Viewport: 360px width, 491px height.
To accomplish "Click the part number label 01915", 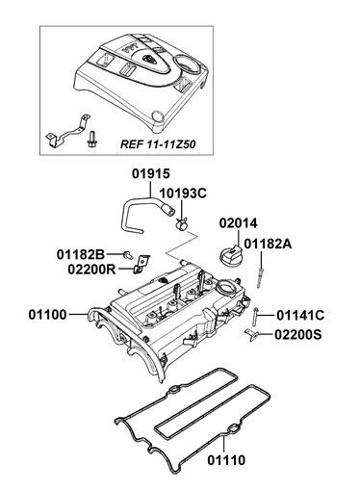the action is [150, 173].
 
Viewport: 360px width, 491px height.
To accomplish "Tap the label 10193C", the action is [183, 194].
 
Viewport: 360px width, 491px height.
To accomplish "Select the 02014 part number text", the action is [238, 223].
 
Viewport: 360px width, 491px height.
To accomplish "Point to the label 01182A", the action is [268, 244].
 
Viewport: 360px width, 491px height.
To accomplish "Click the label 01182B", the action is [81, 254].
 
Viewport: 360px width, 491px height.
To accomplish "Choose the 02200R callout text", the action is [91, 270].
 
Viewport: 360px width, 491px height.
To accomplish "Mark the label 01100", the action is [47, 315].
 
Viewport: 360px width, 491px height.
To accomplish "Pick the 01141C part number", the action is [300, 315].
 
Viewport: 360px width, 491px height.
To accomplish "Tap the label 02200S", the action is [297, 335].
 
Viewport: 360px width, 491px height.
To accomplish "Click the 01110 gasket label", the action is [226, 460].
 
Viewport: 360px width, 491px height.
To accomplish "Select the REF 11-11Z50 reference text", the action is [158, 144].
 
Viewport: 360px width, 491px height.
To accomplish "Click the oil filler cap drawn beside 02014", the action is [230, 254].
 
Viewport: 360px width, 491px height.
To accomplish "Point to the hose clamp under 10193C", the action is [182, 223].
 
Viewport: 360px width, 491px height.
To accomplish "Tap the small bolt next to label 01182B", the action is [128, 255].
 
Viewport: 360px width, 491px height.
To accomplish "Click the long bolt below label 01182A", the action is [260, 278].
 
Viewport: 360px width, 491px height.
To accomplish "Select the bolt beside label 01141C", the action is [255, 316].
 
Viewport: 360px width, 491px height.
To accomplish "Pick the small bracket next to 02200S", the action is [251, 335].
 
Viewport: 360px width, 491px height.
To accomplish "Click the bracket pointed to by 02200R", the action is [141, 264].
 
